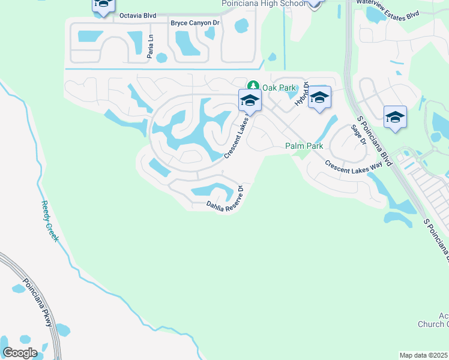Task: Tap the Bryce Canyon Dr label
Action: tap(197, 23)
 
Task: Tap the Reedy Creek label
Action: tap(52, 221)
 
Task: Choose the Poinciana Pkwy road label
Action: tap(38, 303)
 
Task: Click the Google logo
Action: tap(20, 353)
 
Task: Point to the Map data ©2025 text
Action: tap(423, 355)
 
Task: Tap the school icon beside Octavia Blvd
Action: tap(103, 5)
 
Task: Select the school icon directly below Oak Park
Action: tap(249, 100)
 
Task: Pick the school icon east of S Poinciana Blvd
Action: tap(395, 117)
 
